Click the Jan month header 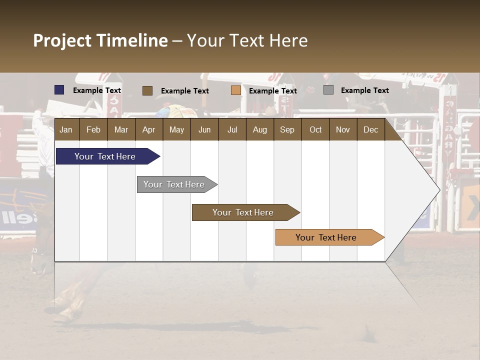[x=66, y=129]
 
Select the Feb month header [x=93, y=129]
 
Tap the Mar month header [x=121, y=129]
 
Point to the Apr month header [x=148, y=129]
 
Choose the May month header [x=176, y=129]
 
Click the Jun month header [x=204, y=129]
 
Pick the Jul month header [x=232, y=129]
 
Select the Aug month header [x=259, y=129]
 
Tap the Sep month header [x=287, y=129]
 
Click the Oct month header [x=315, y=129]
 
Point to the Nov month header [x=343, y=129]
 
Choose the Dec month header [x=370, y=129]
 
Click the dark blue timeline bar [x=105, y=156]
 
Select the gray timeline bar [x=174, y=184]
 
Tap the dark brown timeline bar [x=243, y=212]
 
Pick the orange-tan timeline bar [x=326, y=237]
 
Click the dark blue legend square [x=59, y=90]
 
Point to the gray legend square [x=328, y=90]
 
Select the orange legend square [x=236, y=90]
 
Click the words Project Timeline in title [x=100, y=40]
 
